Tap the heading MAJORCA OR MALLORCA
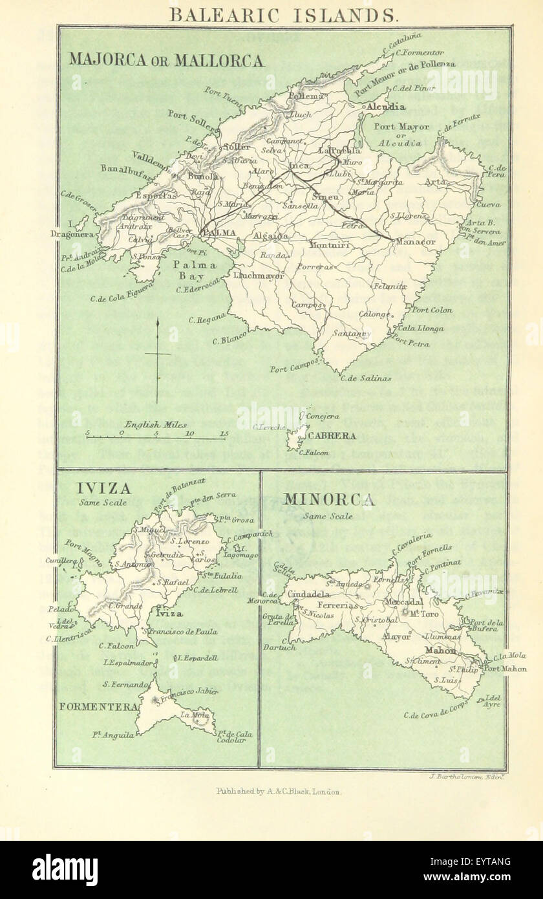tap(166, 61)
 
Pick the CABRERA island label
tap(331, 436)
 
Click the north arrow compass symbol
tap(158, 352)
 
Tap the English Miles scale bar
tap(155, 435)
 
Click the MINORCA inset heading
tap(328, 500)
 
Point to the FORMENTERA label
tap(98, 706)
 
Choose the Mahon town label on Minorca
tap(440, 650)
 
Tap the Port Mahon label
tap(506, 669)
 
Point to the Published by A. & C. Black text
tap(279, 791)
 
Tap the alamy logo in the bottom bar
tap(65, 869)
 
